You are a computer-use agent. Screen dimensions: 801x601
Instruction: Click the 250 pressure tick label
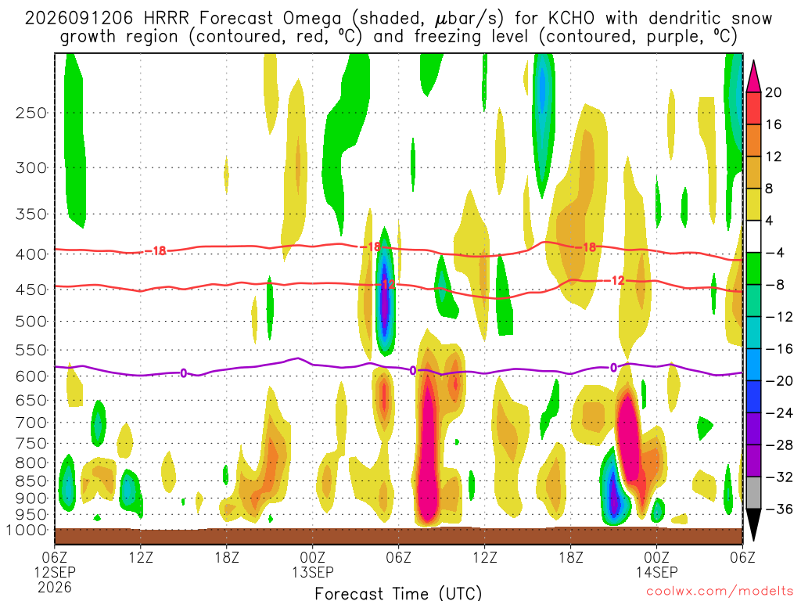[31, 113]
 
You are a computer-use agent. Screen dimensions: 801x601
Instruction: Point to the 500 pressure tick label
[31, 322]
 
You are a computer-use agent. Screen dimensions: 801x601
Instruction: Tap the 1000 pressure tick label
[27, 531]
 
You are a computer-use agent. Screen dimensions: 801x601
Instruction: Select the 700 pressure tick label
[31, 423]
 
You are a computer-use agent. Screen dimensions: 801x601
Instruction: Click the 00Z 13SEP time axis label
[312, 564]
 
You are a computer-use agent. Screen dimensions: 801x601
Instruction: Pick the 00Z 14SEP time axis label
[656, 564]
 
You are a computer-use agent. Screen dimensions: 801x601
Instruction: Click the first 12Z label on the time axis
[141, 557]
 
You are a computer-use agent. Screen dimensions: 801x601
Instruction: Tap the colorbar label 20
[773, 92]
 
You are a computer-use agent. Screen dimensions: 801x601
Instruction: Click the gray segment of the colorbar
[753, 493]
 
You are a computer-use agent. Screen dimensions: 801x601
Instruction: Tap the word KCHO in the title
[571, 19]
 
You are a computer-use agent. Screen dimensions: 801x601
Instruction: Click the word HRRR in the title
[167, 19]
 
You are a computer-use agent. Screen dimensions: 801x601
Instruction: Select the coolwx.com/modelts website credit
[720, 592]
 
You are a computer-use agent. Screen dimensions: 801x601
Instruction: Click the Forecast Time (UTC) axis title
[398, 593]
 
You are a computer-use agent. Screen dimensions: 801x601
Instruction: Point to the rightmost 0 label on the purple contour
[613, 368]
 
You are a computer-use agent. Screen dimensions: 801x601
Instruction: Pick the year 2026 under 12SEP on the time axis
[55, 587]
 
